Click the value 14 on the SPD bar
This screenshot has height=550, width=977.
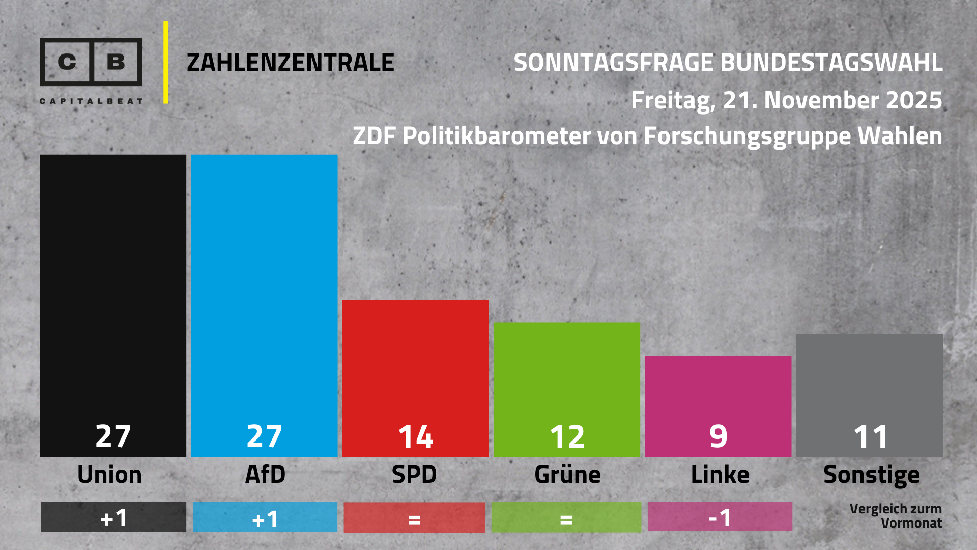coord(415,436)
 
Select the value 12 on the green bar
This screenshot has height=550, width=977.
coord(567,436)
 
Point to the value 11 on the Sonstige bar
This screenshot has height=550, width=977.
coord(870,436)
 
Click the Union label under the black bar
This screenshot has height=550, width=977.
coord(109,475)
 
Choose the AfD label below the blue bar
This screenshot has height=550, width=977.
coord(265,475)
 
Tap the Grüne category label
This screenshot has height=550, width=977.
coord(567,475)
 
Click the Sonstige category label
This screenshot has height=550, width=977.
coord(871,475)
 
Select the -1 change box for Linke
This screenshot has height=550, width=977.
coord(720,517)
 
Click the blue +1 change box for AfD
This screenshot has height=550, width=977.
coord(265,517)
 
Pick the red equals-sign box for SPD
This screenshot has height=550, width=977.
coord(414,518)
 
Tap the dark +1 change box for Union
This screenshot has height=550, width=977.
coord(113,517)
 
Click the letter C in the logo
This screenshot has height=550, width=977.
coord(67,62)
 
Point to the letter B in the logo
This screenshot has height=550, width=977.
coord(116,62)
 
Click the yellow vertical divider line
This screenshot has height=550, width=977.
coord(165,62)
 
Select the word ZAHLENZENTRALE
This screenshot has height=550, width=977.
coord(290,63)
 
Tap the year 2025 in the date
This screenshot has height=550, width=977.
coord(914,100)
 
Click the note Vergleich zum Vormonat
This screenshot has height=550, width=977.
coord(896,516)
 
